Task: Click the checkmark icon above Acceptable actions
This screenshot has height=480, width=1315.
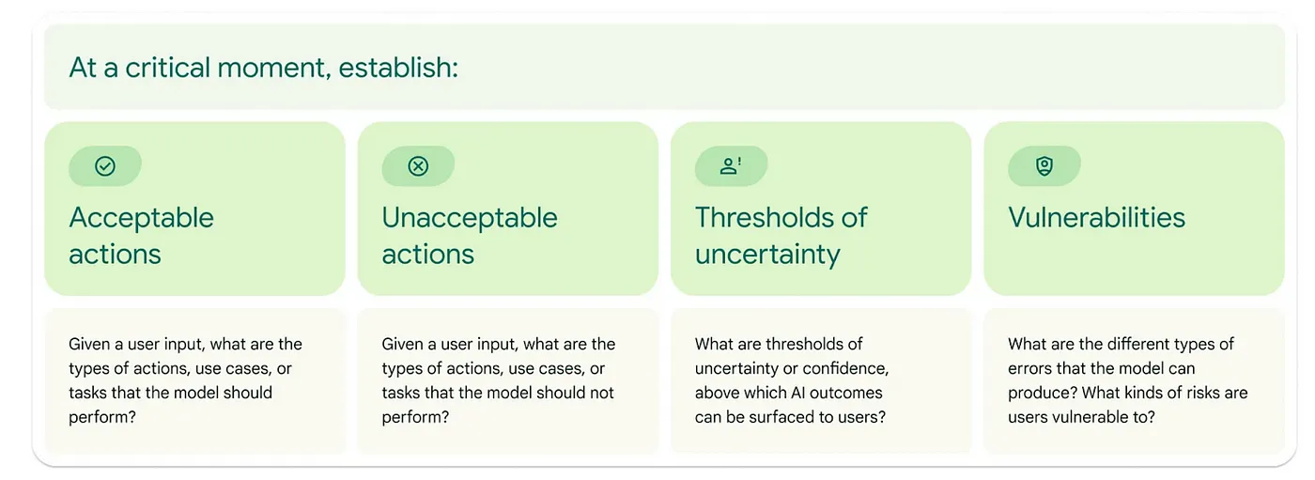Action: click(x=105, y=166)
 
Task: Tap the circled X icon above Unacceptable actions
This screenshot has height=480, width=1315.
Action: click(x=418, y=166)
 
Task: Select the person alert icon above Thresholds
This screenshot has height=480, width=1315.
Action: click(x=731, y=166)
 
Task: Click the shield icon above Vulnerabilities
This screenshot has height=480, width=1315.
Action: click(x=1044, y=166)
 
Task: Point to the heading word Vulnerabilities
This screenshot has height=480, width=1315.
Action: click(x=1097, y=218)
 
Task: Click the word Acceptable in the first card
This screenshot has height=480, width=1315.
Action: click(x=142, y=218)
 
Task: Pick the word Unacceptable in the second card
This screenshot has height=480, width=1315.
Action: click(x=470, y=218)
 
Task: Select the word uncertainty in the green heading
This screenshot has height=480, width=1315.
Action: click(x=768, y=255)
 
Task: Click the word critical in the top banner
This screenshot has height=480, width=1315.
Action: click(x=168, y=68)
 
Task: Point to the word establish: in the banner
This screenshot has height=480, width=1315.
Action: click(x=398, y=68)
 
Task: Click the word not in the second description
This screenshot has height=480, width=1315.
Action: click(x=602, y=393)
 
